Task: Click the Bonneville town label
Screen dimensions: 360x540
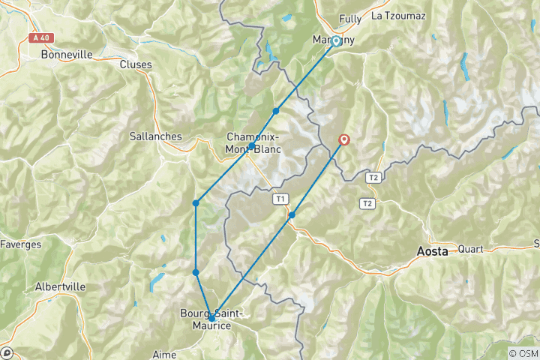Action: (x=67, y=55)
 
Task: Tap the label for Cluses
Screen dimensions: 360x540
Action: (x=136, y=64)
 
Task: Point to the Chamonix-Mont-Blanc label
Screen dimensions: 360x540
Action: (x=253, y=142)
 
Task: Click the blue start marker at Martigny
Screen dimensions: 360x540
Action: (x=336, y=41)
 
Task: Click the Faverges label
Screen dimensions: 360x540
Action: (x=20, y=244)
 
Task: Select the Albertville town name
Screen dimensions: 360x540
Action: (x=60, y=286)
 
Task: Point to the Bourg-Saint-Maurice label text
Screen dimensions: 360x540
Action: (x=211, y=319)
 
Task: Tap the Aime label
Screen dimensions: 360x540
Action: (x=163, y=353)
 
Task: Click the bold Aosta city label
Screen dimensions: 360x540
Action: (x=433, y=252)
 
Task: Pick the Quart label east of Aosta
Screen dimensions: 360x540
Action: (x=470, y=249)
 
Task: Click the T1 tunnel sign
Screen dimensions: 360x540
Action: (x=280, y=199)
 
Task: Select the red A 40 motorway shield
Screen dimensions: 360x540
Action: (x=44, y=37)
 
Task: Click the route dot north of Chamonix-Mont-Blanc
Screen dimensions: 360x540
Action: (x=276, y=111)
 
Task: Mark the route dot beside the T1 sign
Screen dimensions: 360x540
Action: (x=292, y=214)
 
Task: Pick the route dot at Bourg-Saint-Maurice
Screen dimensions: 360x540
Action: (x=211, y=318)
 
